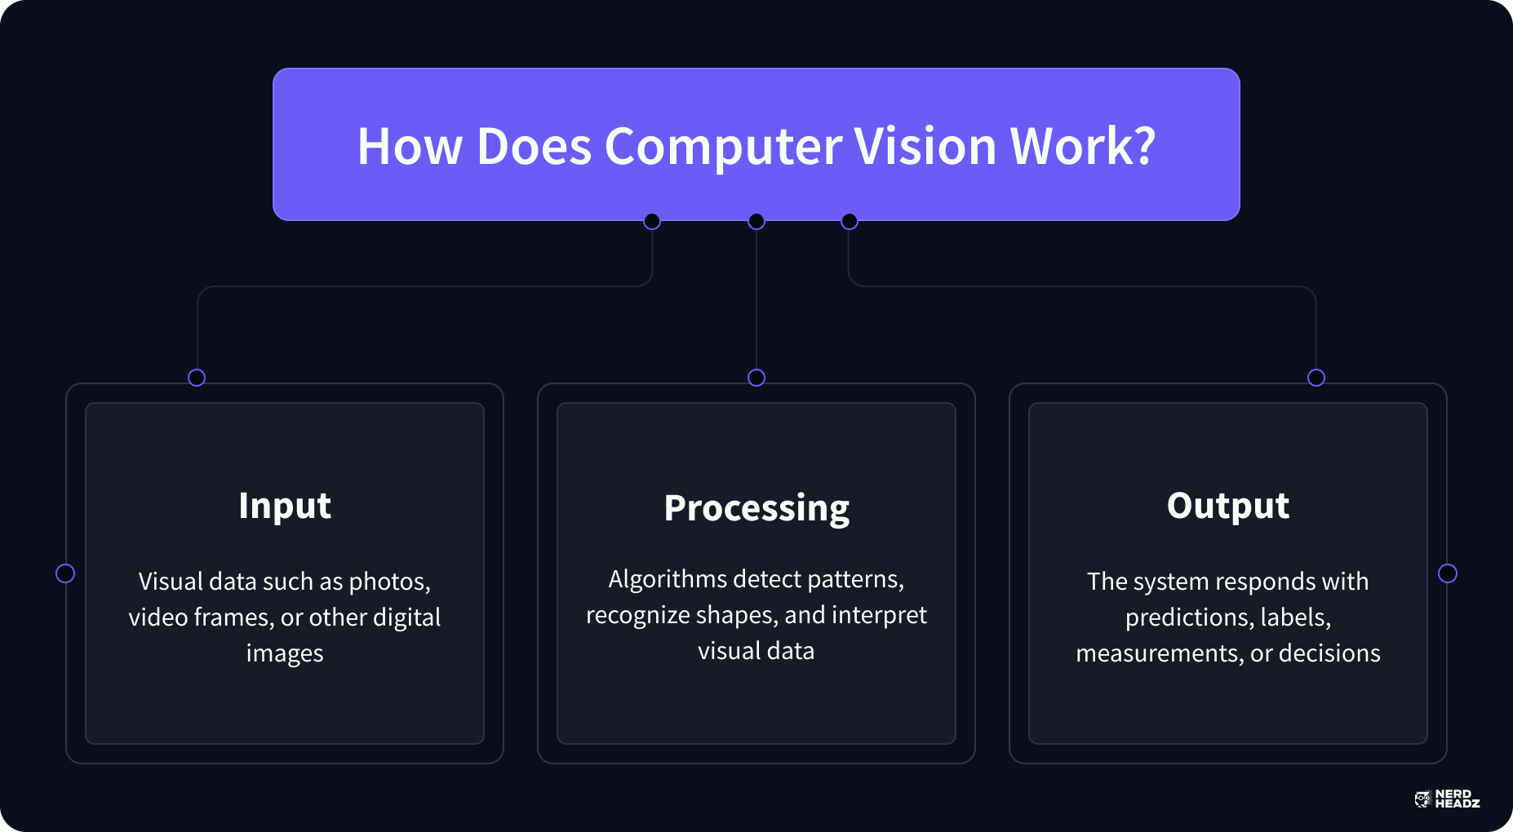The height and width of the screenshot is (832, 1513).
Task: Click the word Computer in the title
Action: pos(723,147)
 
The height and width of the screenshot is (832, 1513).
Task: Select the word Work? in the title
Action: pos(1083,146)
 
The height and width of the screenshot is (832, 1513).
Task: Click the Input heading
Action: pos(285,507)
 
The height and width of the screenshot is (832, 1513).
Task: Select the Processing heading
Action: pos(756,509)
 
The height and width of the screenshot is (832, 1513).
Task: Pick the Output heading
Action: pos(1228,507)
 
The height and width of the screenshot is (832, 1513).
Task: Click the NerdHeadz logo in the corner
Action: pos(1447,799)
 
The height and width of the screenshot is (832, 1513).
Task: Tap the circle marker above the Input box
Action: pos(197,378)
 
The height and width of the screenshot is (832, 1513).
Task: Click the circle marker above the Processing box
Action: pos(756,378)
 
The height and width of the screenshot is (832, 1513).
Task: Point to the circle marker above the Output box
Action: pos(1316,378)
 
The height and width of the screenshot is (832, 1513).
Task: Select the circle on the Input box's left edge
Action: pos(65,573)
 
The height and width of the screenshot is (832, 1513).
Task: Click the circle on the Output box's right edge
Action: pos(1448,573)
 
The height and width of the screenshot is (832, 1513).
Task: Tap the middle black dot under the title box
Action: pos(756,221)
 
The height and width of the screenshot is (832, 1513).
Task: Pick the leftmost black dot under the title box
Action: pos(652,221)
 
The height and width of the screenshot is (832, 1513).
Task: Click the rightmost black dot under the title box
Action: pos(850,221)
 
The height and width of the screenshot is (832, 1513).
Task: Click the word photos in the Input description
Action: pos(389,582)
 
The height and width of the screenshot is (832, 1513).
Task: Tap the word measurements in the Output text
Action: pos(1160,654)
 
